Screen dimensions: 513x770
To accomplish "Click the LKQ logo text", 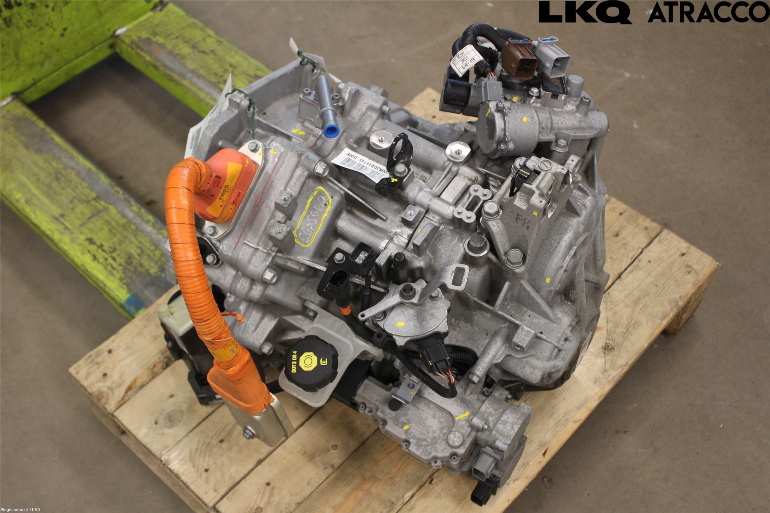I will coord(585,12).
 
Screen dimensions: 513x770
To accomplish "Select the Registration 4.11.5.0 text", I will coord(20,510).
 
